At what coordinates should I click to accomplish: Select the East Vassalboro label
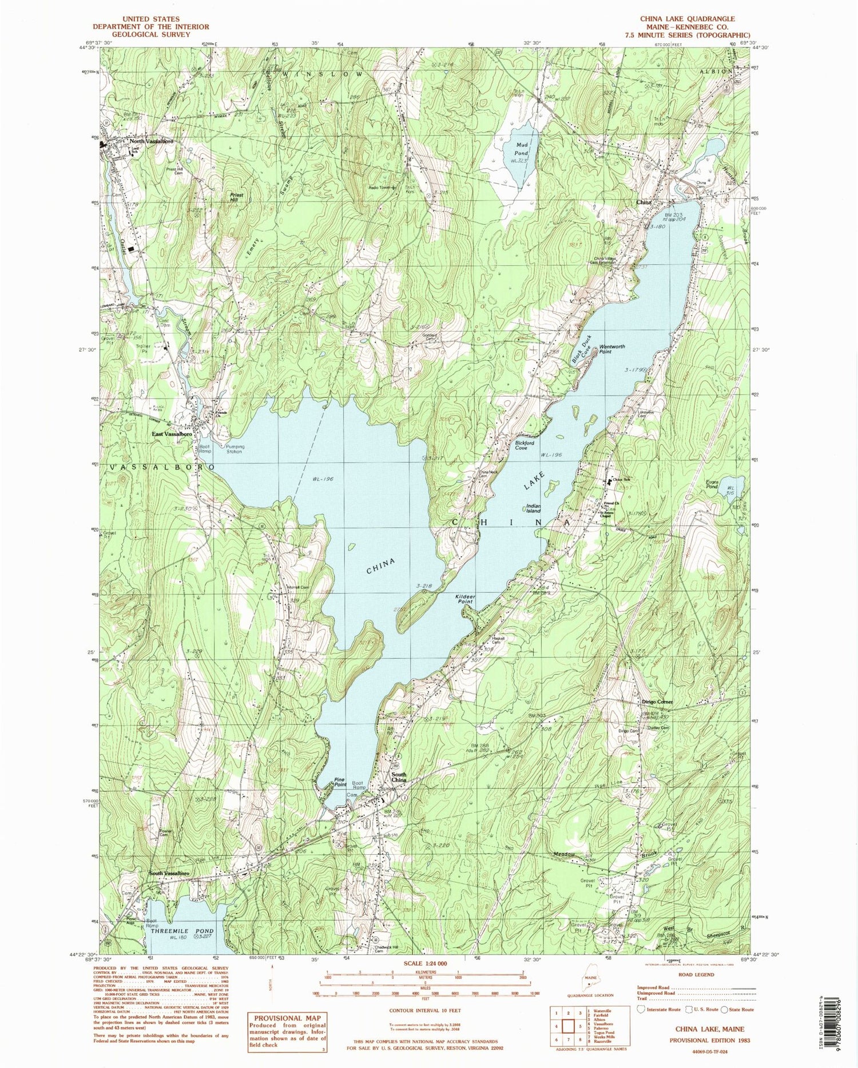coord(172,434)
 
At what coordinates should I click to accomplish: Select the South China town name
coord(399,778)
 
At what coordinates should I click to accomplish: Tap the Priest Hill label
coord(236,197)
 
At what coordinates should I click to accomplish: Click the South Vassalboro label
coord(169,873)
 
